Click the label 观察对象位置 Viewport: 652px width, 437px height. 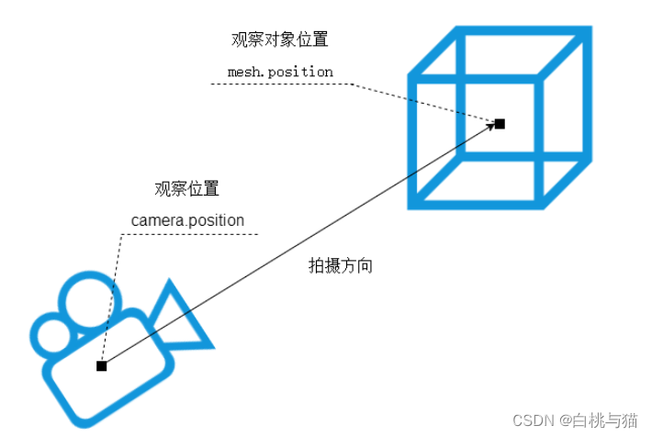279,40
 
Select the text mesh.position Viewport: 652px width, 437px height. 280,71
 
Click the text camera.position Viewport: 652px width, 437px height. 187,220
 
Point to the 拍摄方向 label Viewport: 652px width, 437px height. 340,266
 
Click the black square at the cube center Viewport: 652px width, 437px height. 500,123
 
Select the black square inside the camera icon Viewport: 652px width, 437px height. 102,366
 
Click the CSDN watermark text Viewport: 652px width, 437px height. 533,420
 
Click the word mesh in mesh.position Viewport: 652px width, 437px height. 242,71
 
